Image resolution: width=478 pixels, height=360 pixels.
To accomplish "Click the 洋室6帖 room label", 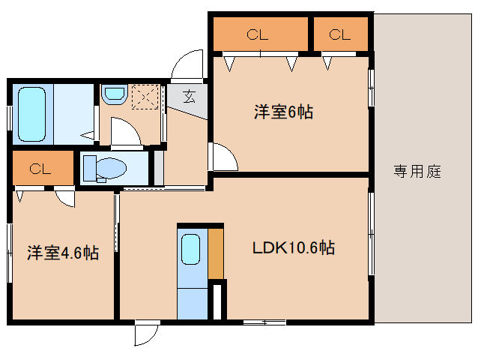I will (282, 112).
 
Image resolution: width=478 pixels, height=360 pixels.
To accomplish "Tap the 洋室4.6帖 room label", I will (64, 253).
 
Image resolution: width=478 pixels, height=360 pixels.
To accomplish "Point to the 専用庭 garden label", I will (417, 172).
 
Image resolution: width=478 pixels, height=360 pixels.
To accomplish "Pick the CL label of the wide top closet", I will (258, 34).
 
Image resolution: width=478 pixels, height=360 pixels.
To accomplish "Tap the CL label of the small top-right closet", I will (339, 34).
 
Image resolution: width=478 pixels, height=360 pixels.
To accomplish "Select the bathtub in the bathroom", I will (31, 113).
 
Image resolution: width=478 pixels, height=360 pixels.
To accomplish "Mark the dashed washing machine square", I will (144, 97).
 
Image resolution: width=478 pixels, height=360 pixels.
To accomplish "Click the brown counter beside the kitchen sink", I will (216, 253).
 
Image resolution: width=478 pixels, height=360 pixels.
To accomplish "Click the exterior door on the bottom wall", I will (146, 333).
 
